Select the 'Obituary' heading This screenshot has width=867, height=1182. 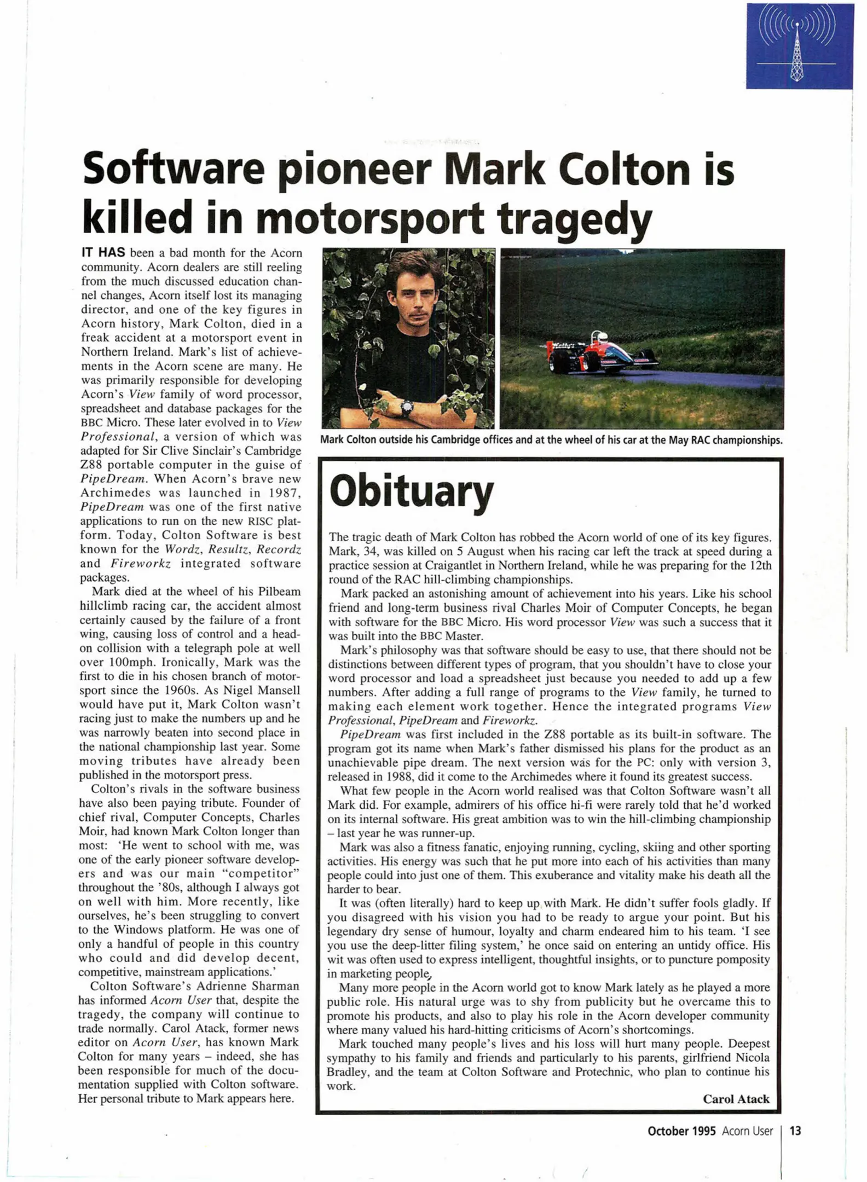411,491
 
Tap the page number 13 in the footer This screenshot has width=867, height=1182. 795,1131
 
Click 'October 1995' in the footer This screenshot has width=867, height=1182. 681,1131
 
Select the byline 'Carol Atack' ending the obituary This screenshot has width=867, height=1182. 736,1099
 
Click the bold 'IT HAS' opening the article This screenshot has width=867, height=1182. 103,253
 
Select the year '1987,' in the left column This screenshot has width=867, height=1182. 281,493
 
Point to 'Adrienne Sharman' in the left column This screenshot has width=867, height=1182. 248,986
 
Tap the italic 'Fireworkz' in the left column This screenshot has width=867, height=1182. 141,564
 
